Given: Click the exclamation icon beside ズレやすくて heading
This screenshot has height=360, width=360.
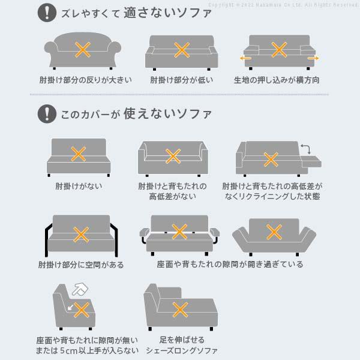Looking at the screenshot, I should pyautogui.click(x=44, y=13).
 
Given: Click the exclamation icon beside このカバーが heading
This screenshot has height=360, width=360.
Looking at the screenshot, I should pyautogui.click(x=44, y=113).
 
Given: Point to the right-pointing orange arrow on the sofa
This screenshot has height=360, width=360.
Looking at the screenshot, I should pyautogui.click(x=313, y=58).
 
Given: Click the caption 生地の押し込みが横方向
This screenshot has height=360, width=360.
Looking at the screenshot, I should pyautogui.click(x=277, y=80).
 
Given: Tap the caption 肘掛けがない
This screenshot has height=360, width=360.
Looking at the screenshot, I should pyautogui.click(x=78, y=186).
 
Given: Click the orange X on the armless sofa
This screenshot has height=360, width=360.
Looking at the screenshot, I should pyautogui.click(x=78, y=154).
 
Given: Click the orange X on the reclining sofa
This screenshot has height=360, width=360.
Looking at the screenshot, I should pyautogui.click(x=271, y=159).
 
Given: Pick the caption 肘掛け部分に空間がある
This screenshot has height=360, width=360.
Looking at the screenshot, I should pyautogui.click(x=81, y=265).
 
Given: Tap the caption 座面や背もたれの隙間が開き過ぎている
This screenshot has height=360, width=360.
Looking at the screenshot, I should pyautogui.click(x=229, y=265).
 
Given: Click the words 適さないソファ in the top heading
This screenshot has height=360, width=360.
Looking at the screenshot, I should pyautogui.click(x=167, y=13).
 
